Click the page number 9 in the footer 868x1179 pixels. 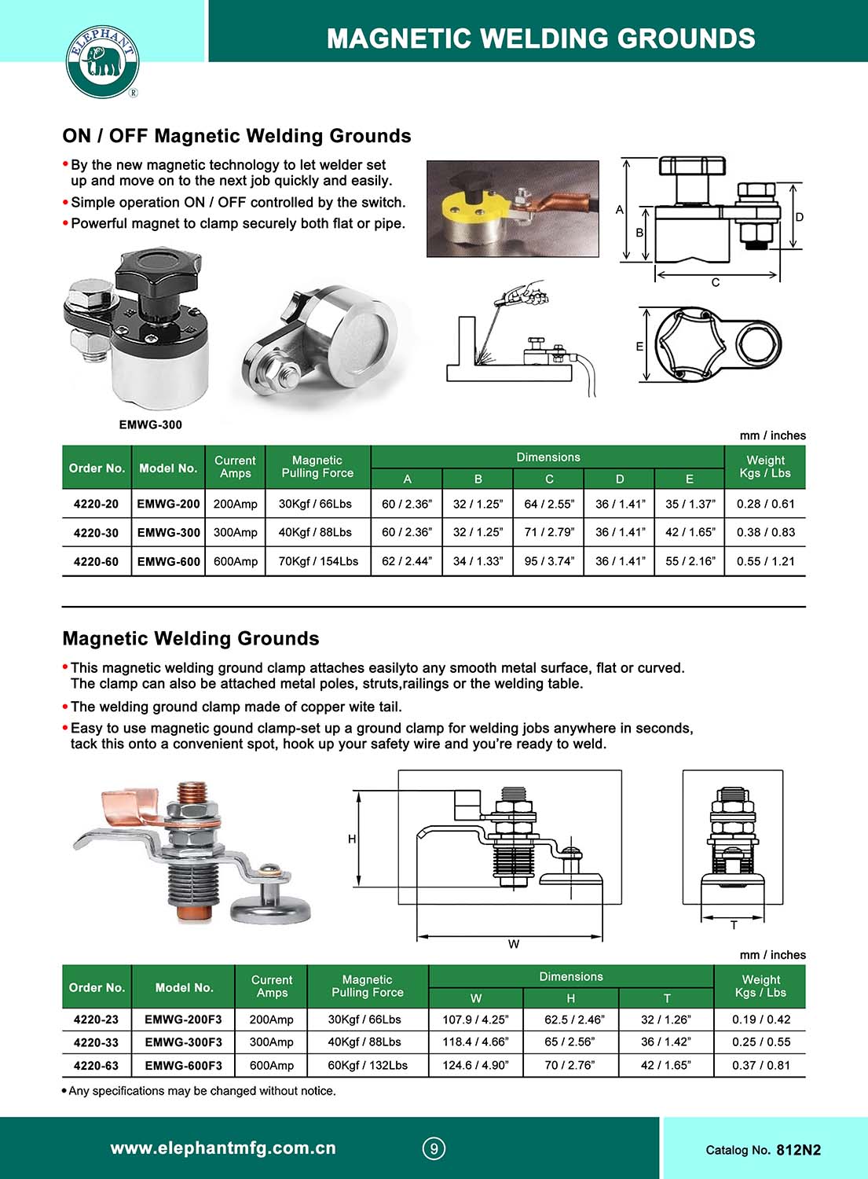point(434,1148)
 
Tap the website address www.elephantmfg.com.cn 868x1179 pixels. point(223,1148)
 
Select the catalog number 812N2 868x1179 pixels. point(798,1150)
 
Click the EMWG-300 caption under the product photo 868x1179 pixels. point(150,424)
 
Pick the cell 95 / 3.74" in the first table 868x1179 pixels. point(548,561)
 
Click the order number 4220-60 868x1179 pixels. point(96,561)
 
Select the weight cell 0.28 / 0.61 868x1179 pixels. point(765,504)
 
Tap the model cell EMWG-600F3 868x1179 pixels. point(183,1065)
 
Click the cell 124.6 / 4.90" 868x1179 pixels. point(475,1065)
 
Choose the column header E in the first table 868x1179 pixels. point(689,479)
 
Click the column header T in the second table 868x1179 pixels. point(666,998)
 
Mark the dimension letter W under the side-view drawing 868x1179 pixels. point(513,944)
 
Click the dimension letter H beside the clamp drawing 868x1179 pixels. point(352,839)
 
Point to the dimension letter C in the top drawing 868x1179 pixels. point(715,282)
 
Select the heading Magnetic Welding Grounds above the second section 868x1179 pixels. point(191,638)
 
